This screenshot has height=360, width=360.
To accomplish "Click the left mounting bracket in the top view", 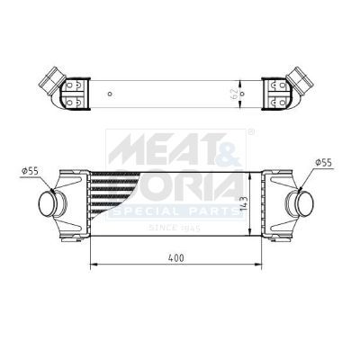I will [x=74, y=91].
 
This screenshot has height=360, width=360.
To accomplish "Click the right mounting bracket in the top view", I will [x=274, y=91].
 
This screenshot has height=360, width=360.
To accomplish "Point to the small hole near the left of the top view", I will [x=110, y=92].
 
